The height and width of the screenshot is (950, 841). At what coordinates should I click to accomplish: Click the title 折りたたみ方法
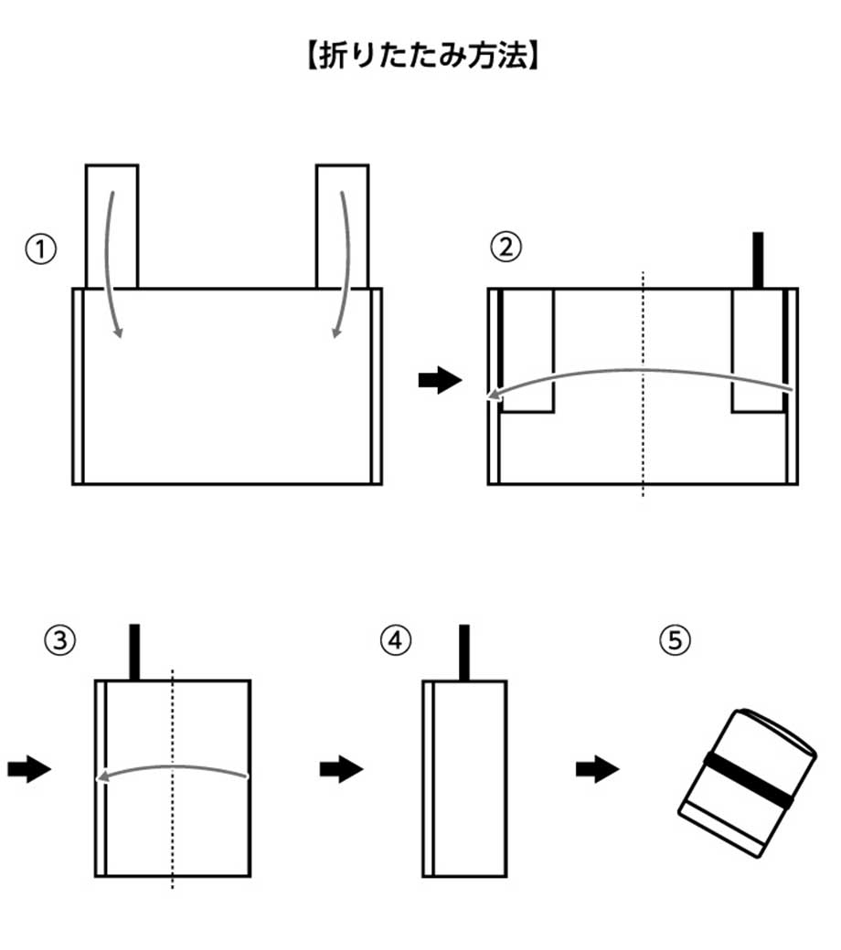[x=420, y=58]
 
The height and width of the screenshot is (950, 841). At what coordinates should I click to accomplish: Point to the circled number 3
[x=59, y=641]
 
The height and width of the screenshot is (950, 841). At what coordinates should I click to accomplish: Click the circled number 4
[x=394, y=641]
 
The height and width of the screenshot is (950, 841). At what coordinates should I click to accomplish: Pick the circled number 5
[x=674, y=641]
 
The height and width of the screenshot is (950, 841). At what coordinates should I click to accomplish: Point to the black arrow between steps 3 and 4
[x=341, y=770]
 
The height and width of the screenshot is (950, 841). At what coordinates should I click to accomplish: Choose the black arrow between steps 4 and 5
[x=597, y=770]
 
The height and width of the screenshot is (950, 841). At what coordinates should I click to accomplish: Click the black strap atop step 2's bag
[x=757, y=260]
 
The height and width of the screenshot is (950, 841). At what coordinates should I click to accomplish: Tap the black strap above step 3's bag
[x=134, y=652]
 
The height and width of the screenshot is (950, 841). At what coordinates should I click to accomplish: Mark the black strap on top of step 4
[x=463, y=652]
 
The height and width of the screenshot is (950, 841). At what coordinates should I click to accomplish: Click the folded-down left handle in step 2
[x=527, y=352]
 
